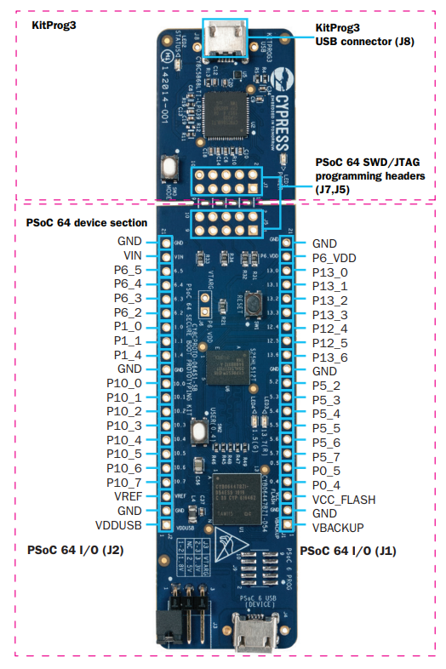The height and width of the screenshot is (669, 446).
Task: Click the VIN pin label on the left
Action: pyautogui.click(x=132, y=255)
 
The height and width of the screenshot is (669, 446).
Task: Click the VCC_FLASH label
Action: pyautogui.click(x=344, y=499)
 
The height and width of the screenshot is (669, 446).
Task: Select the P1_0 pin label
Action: pyautogui.click(x=128, y=326)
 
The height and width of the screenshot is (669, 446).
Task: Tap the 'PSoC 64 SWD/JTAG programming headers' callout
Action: pyautogui.click(x=368, y=176)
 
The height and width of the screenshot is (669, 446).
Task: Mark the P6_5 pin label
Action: pyautogui.click(x=128, y=269)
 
